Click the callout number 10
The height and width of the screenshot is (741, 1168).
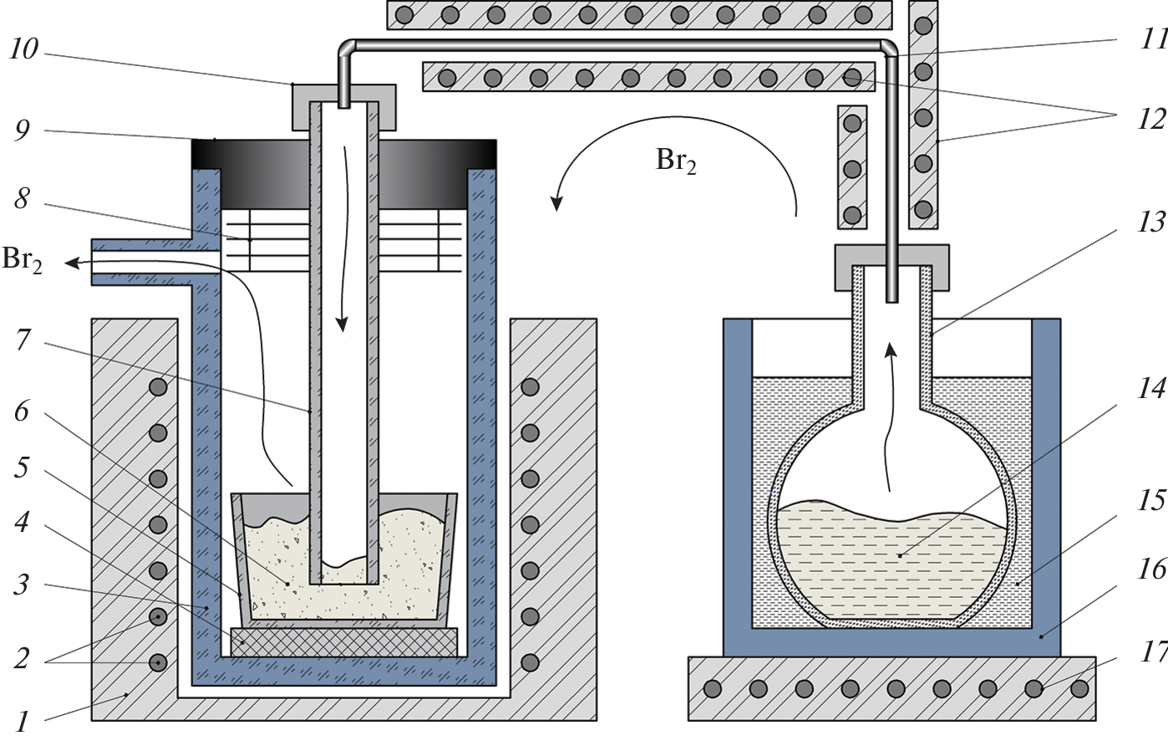[x=24, y=49]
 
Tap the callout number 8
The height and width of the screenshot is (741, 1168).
[x=22, y=200]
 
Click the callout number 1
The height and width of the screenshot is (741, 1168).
[x=22, y=720]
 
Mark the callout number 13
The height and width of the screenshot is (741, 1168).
[x=1150, y=222]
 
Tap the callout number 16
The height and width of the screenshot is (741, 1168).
[x=1150, y=570]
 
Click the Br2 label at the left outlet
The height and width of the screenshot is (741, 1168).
[x=22, y=260]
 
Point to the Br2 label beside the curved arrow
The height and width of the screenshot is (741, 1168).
[x=676, y=161]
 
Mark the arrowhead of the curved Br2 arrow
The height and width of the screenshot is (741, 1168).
[x=556, y=203]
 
